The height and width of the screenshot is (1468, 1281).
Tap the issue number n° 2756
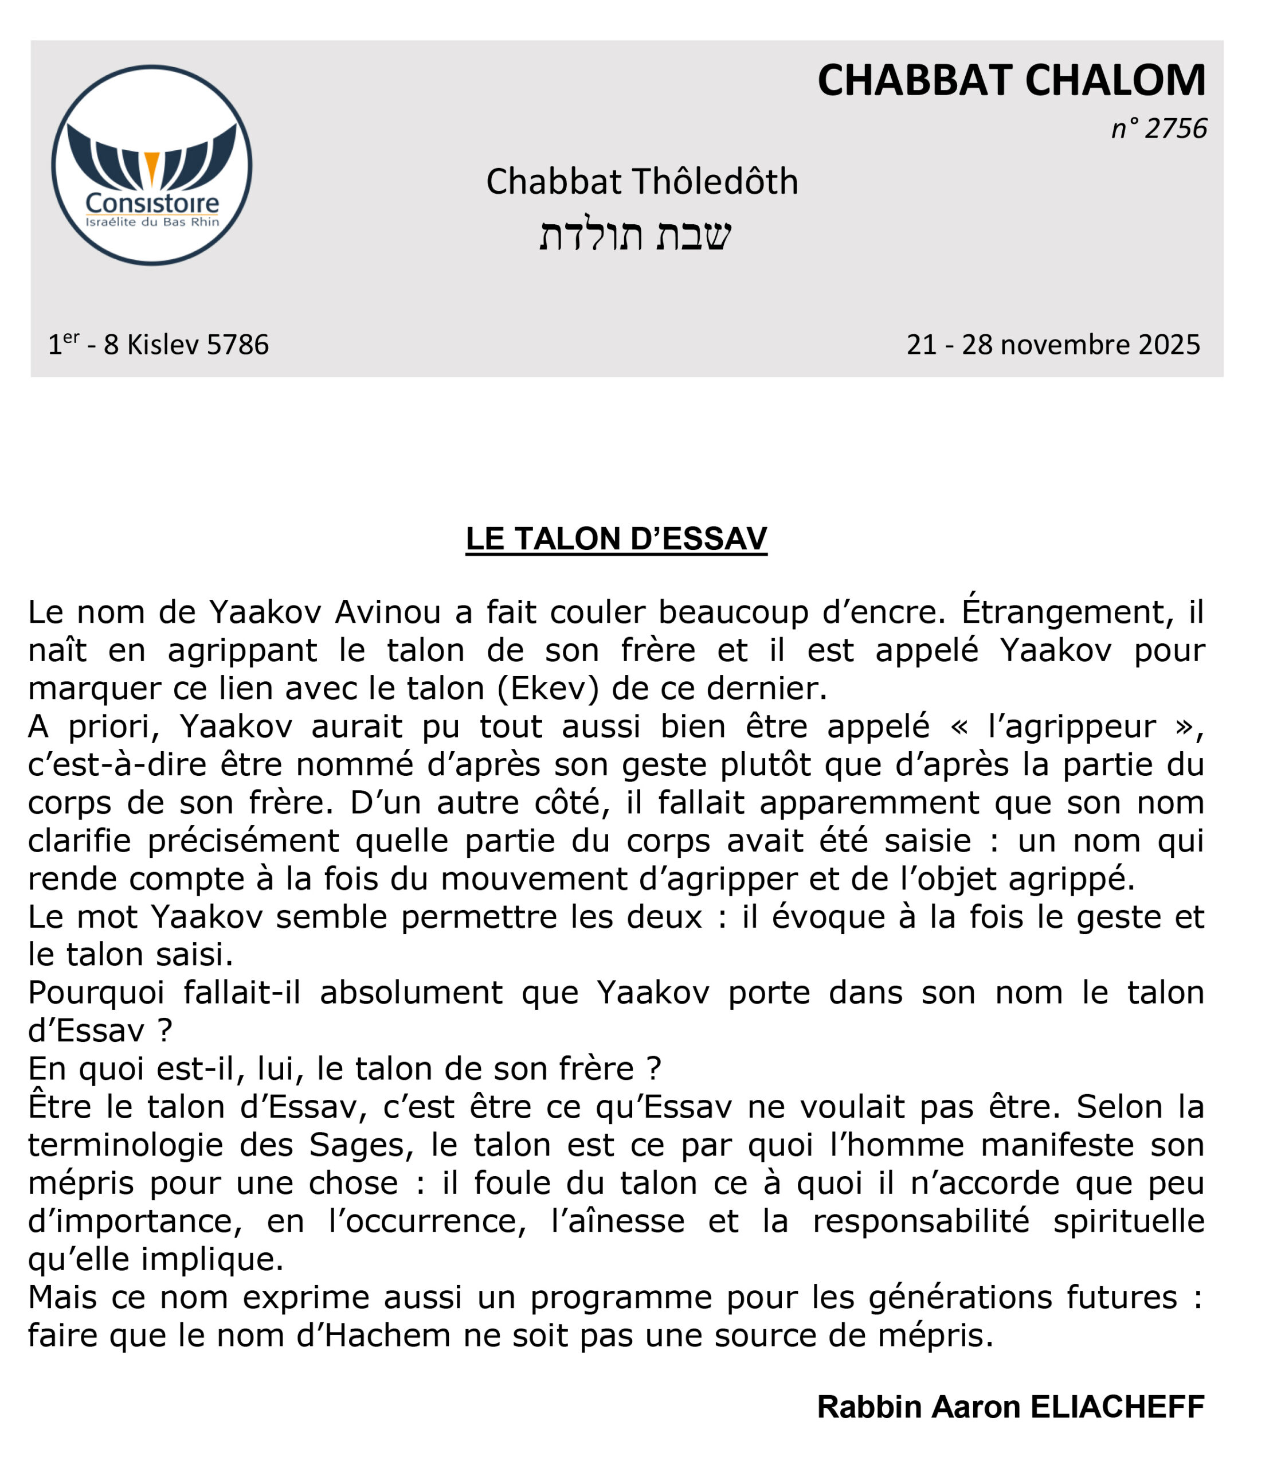coord(1159,128)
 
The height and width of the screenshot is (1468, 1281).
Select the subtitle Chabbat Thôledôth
coord(641,182)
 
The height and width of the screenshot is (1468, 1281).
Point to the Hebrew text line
coord(635,235)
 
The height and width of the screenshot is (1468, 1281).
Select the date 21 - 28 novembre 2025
coord(1053,345)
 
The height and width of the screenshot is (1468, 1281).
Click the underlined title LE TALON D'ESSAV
coord(616,538)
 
